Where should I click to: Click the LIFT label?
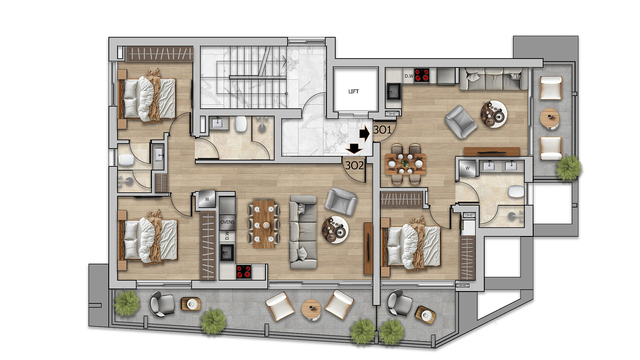(x=353, y=91)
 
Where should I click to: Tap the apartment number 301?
(x=382, y=129)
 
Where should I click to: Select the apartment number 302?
(x=354, y=165)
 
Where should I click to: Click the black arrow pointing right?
(x=364, y=134)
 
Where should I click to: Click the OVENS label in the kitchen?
(x=227, y=222)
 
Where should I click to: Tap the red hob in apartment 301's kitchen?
(x=422, y=75)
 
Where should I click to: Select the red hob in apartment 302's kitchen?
(x=244, y=271)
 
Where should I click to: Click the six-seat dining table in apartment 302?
(x=264, y=224)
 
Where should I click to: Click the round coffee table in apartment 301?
(x=494, y=114)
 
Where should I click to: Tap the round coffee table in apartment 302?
(x=335, y=229)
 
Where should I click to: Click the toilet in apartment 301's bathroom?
(x=516, y=192)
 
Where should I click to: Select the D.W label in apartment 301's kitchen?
(x=409, y=76)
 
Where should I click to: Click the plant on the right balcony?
(x=569, y=168)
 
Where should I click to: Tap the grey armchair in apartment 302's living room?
(x=341, y=201)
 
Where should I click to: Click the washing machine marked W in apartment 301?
(x=468, y=168)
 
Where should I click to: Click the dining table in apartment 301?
(x=405, y=164)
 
